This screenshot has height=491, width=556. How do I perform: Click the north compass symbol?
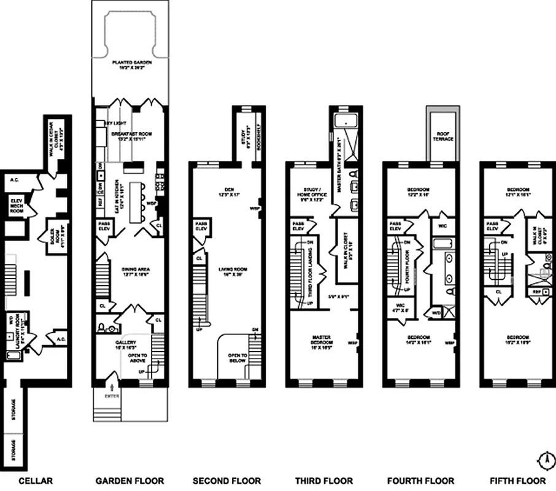pyautogui.click(x=545, y=458)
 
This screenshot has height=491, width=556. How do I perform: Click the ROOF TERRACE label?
pyautogui.click(x=444, y=136)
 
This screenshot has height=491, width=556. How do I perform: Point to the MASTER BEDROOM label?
pyautogui.click(x=322, y=339)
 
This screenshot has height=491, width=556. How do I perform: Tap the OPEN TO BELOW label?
pyautogui.click(x=237, y=358)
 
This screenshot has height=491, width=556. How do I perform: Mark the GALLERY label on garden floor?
pyautogui.click(x=120, y=344)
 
